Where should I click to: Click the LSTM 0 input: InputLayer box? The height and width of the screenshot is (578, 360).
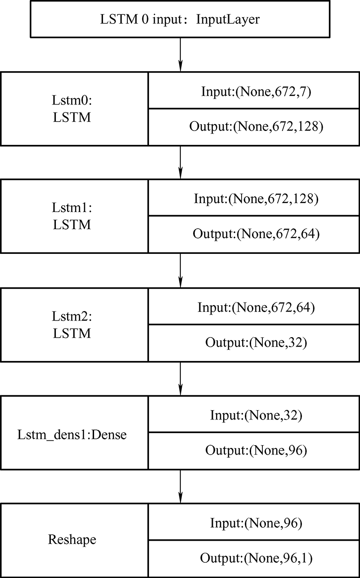pos(180,19)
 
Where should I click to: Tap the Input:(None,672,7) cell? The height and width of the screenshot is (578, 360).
pos(254,90)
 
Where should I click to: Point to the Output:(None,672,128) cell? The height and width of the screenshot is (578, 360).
pos(254,127)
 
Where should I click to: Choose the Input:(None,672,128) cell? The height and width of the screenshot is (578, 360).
pos(254,198)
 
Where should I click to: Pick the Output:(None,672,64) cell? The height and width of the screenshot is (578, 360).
pos(254,234)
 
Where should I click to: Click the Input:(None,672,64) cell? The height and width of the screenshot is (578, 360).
pos(254,306)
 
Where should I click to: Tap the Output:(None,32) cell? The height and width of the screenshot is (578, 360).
pos(254,343)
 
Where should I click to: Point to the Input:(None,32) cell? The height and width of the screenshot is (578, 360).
pos(254,414)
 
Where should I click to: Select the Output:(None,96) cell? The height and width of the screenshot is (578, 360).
pos(254,451)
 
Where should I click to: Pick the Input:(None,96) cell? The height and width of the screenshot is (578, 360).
pos(254,522)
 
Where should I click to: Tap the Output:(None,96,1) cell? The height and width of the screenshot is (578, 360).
pos(254,559)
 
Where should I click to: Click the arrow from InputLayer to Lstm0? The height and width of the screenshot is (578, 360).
pos(180,54)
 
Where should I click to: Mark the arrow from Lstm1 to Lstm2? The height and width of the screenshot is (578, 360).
pos(180,271)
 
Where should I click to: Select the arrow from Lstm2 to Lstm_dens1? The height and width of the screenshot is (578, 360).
pos(180,379)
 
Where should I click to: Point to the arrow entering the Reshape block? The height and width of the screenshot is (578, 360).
pos(180,487)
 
